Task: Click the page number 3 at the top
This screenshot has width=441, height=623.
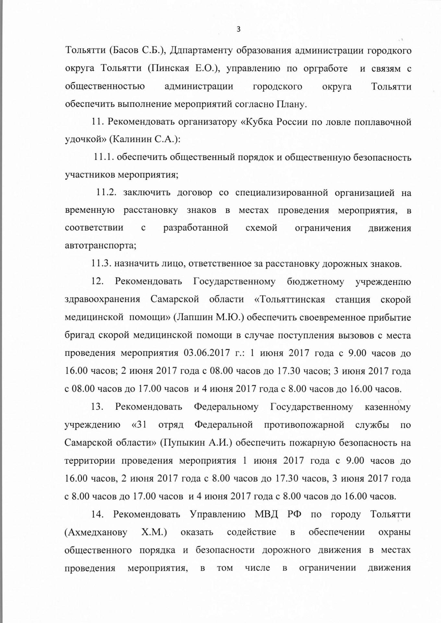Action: coord(239,30)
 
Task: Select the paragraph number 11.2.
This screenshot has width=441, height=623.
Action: coord(107,193)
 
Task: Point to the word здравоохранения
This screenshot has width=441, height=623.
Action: coord(102,299)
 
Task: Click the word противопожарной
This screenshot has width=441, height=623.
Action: coord(304,425)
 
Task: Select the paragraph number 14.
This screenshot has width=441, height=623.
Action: coord(97,515)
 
